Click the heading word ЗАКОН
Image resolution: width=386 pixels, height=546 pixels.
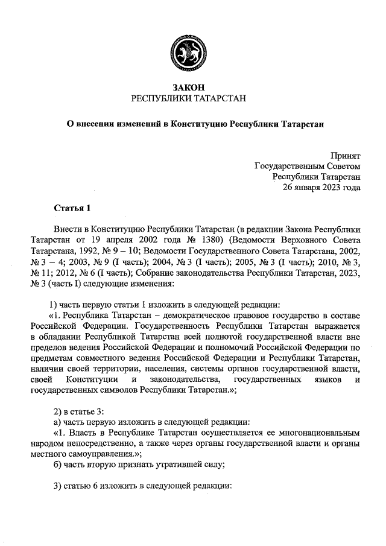(x=192, y=88)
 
